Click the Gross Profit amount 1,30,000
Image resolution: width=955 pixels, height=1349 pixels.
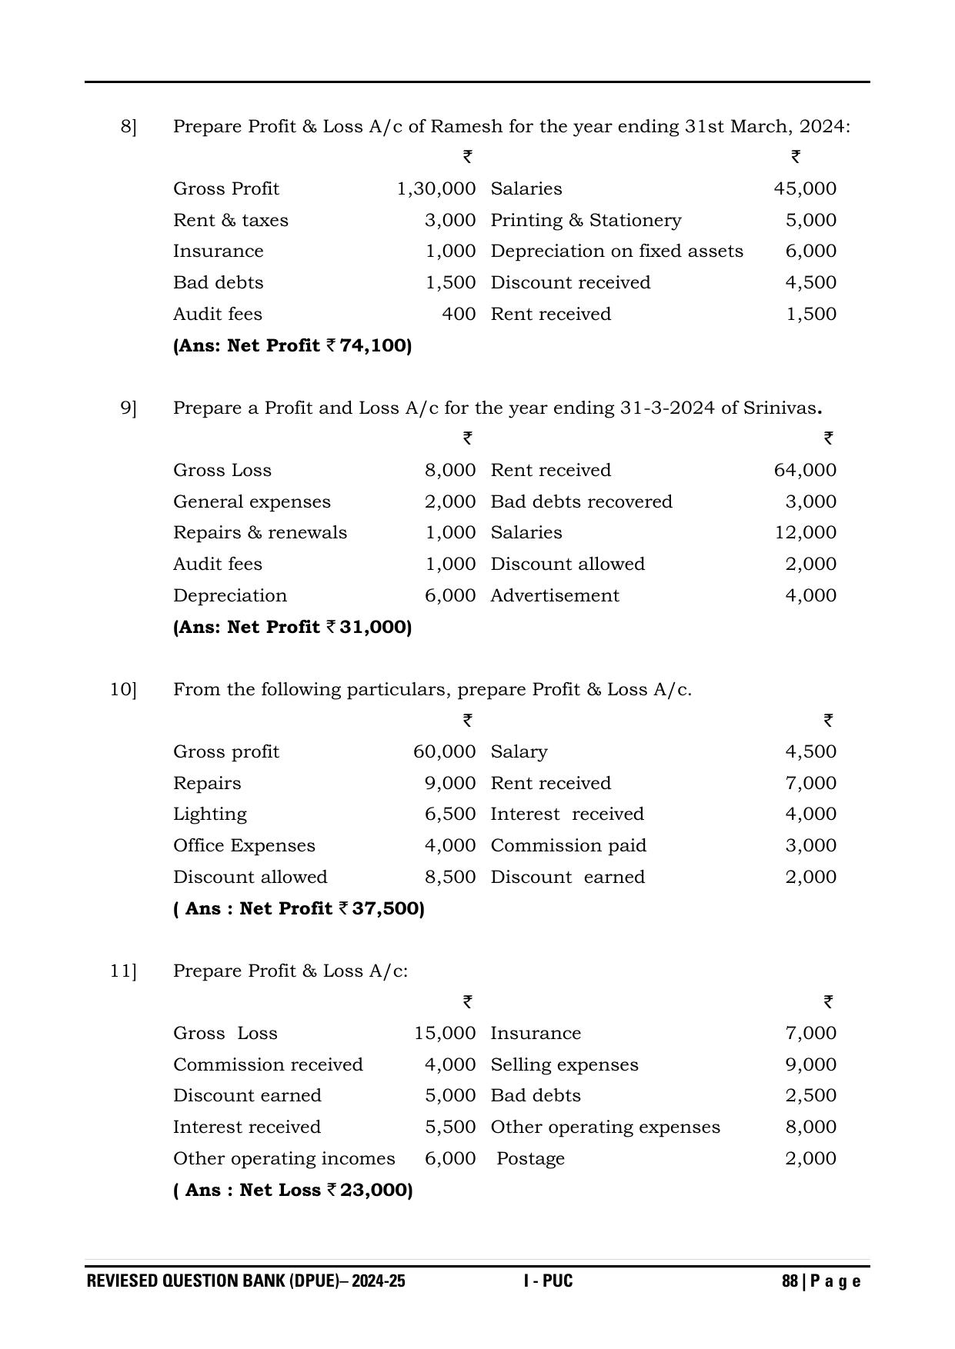click(x=436, y=189)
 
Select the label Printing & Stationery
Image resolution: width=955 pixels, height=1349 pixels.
click(x=586, y=221)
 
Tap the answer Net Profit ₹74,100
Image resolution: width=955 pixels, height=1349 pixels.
click(x=292, y=346)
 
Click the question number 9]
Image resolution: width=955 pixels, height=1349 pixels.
click(x=129, y=408)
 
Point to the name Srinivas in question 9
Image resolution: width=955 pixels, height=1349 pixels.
click(x=780, y=408)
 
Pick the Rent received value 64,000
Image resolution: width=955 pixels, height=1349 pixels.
click(x=805, y=471)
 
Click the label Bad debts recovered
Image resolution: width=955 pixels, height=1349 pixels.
click(x=581, y=502)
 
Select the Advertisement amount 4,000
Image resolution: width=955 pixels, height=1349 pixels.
click(x=810, y=596)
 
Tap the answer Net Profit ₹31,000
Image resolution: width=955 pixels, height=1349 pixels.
click(x=292, y=628)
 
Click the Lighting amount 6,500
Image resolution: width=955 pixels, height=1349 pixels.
click(x=450, y=814)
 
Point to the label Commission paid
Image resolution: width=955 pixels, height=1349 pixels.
click(x=568, y=846)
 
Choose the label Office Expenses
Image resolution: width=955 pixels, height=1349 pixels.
click(x=244, y=846)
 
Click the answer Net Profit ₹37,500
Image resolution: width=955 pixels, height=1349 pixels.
click(x=299, y=909)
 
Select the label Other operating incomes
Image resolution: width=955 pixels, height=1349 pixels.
click(x=284, y=1159)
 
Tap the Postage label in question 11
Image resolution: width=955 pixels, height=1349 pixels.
click(x=530, y=1159)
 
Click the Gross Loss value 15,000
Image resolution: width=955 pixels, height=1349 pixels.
click(x=445, y=1034)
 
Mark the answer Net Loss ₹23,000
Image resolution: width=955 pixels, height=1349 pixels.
click(x=293, y=1191)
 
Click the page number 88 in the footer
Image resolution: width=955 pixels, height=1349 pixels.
click(x=789, y=1281)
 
